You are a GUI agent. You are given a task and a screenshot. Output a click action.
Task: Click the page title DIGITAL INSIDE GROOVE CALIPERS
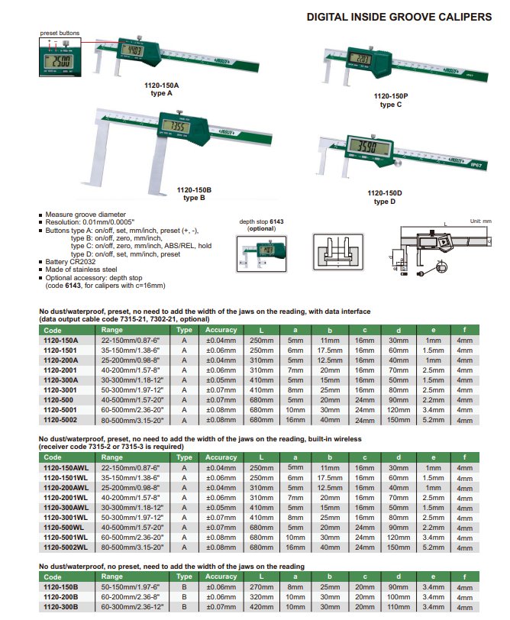coord(399,18)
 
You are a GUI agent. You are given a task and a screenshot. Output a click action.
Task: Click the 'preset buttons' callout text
coord(60,32)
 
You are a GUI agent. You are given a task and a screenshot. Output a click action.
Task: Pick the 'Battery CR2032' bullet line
coord(74,262)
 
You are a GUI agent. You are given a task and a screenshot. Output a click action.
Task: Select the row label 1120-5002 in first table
coord(60,418)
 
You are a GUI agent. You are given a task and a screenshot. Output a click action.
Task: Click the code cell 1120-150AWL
coord(64,467)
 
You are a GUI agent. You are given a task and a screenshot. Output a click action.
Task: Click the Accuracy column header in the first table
coord(221,330)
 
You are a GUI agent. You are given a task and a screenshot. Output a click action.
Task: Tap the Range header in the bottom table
coord(112,576)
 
